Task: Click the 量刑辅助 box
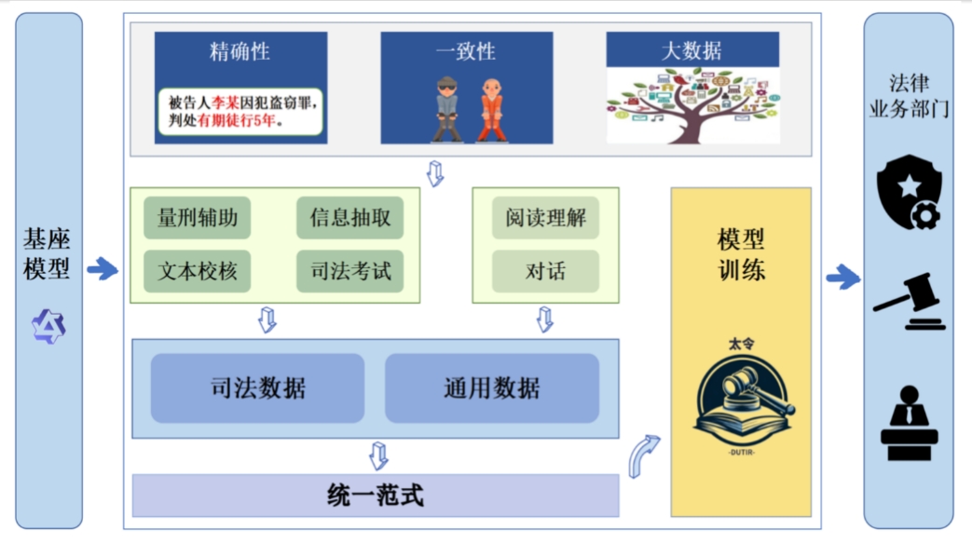[198, 219]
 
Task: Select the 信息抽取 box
[350, 219]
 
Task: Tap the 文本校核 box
[198, 271]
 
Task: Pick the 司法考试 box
[350, 271]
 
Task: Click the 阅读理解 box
[545, 219]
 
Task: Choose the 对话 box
[545, 271]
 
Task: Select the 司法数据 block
[257, 388]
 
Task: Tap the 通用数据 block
[491, 388]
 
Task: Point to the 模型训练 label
[741, 255]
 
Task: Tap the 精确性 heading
[240, 51]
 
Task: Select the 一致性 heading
[466, 51]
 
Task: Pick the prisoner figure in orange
[491, 109]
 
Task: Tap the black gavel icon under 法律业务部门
[909, 300]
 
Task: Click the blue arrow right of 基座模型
[103, 270]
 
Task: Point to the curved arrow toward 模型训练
[644, 455]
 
